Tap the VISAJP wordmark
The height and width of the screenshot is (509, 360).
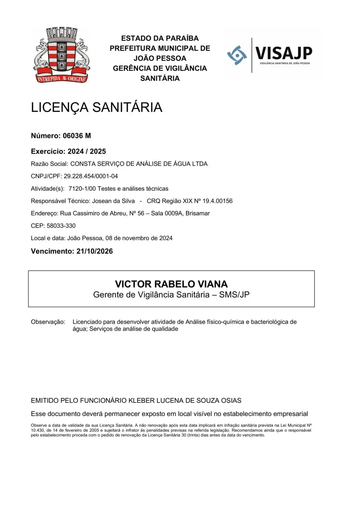(x=284, y=53)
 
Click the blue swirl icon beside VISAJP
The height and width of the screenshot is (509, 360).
(x=237, y=55)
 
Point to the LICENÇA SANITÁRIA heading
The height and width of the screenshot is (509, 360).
(x=96, y=107)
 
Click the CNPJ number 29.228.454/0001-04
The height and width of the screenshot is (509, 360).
(x=91, y=176)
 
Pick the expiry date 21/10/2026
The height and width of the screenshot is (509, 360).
(x=95, y=251)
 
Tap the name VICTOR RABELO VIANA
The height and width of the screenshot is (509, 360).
(x=171, y=284)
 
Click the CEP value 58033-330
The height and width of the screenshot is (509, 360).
(x=61, y=226)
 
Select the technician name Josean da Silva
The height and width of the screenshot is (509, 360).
(x=113, y=201)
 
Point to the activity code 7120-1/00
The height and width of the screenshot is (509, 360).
(x=82, y=189)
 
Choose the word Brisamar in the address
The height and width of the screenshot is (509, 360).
(x=198, y=213)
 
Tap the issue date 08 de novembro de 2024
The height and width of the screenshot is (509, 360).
(x=139, y=238)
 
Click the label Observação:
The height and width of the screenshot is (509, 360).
(x=48, y=322)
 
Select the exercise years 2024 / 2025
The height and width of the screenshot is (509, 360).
(x=87, y=151)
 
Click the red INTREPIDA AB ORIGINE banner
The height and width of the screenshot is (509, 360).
(x=62, y=79)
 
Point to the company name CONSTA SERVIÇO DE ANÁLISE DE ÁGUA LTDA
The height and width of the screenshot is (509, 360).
(x=139, y=164)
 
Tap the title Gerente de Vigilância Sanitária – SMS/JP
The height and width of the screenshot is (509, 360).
(x=171, y=295)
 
